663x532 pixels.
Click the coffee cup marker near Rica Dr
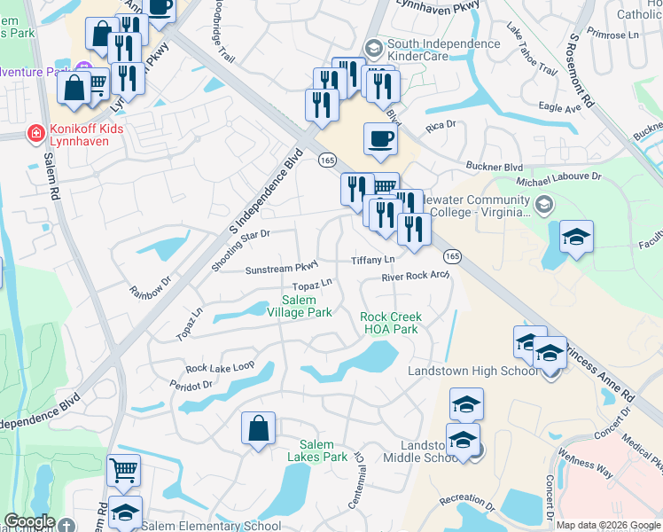tap(380, 138)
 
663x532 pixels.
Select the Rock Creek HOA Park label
tap(391, 323)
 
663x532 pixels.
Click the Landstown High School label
tap(472, 371)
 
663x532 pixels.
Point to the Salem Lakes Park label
tap(323, 450)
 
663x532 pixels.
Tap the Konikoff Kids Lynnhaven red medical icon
tap(36, 134)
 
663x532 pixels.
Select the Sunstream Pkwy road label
tap(281, 267)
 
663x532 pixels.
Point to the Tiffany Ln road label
tap(372, 260)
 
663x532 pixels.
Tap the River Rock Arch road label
tap(415, 277)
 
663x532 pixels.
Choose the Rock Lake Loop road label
tap(220, 367)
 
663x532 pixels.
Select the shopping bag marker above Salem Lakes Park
tap(257, 428)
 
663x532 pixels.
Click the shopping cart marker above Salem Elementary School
tap(123, 470)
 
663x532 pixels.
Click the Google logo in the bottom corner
tap(29, 521)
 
